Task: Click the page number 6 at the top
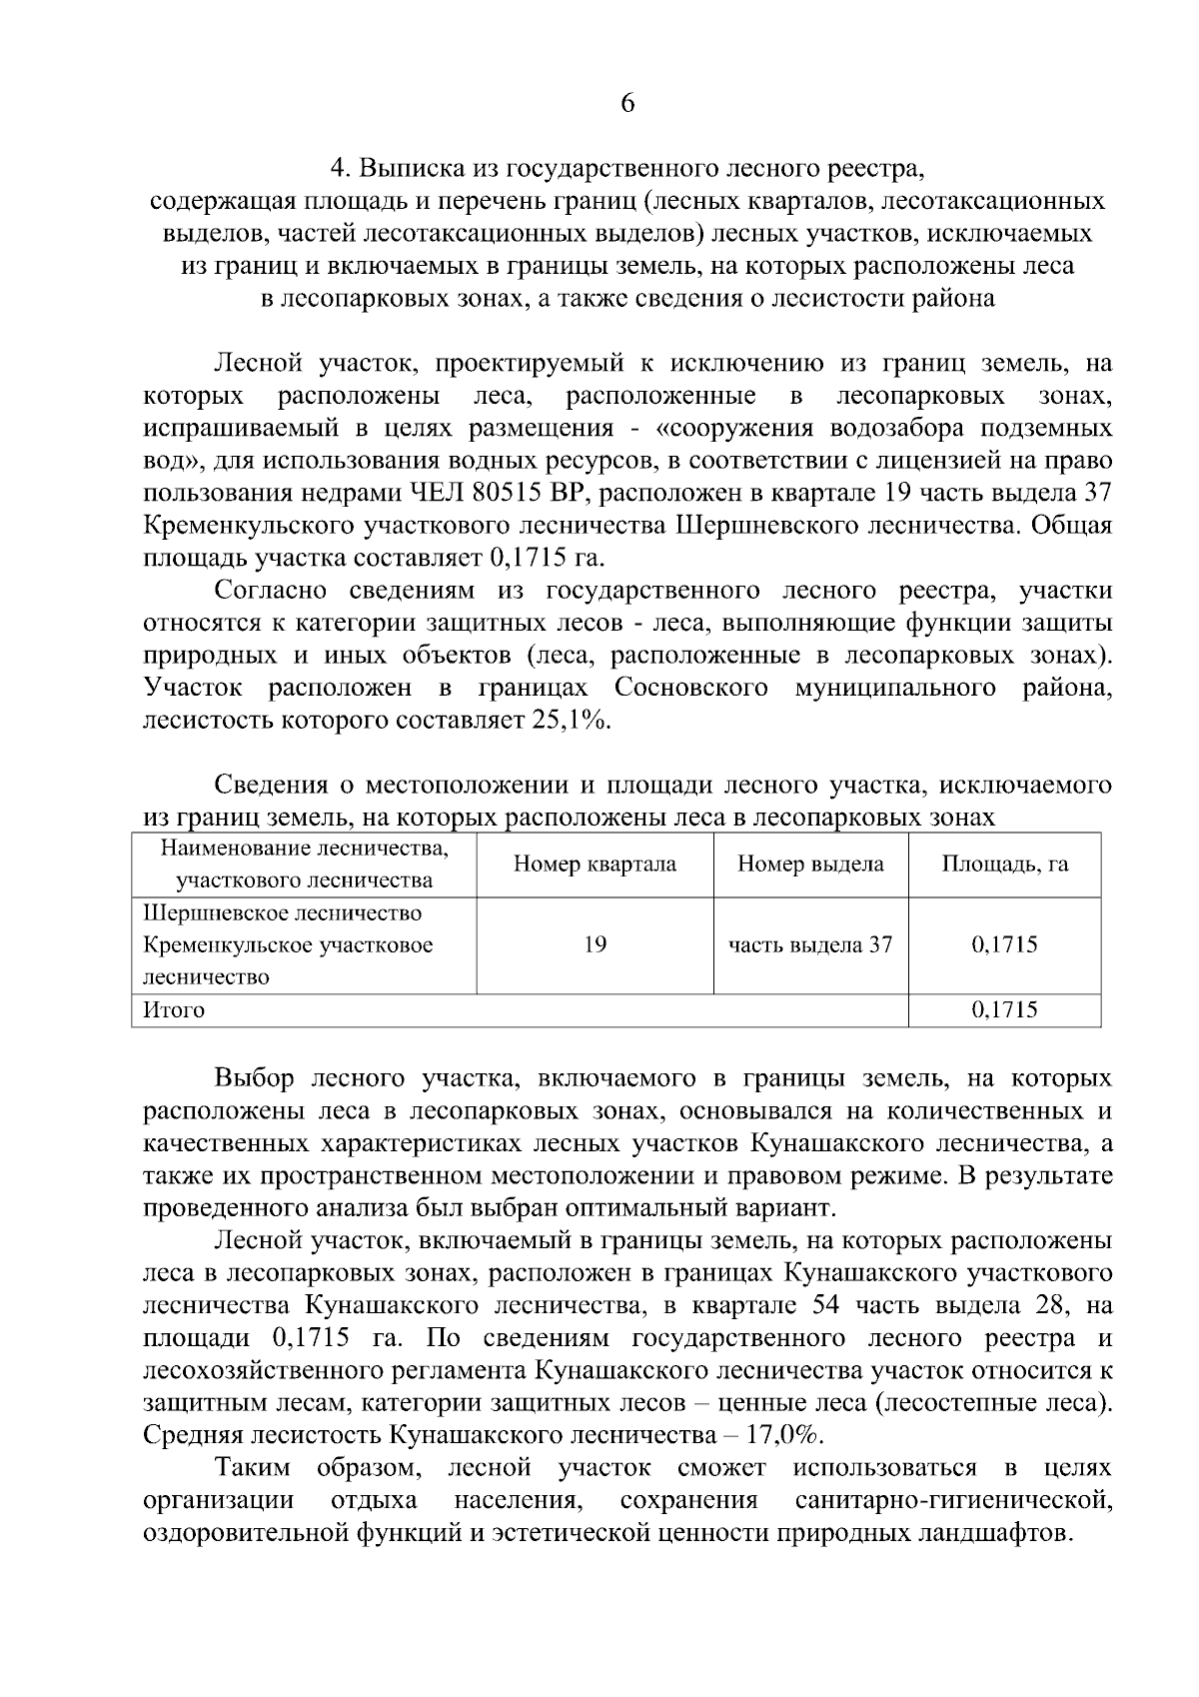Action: [x=627, y=104]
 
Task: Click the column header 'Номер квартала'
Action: [x=595, y=864]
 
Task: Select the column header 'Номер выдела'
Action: [x=810, y=864]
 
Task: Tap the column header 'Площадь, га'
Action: [x=1004, y=864]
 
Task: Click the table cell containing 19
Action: [x=595, y=944]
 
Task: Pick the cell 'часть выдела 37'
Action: [x=810, y=944]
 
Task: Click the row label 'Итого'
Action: [x=175, y=1009]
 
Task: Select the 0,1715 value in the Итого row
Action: [x=1004, y=1009]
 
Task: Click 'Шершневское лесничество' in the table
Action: [x=283, y=913]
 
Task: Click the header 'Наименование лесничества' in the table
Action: [x=305, y=849]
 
